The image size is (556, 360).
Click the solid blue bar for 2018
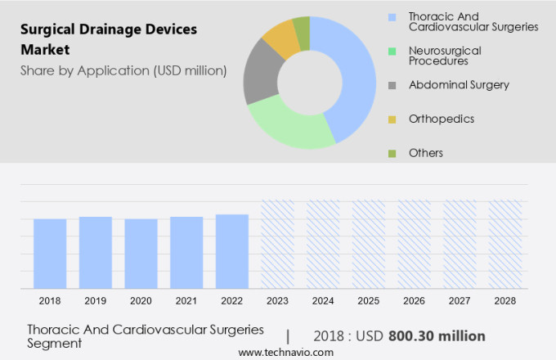[x=50, y=253]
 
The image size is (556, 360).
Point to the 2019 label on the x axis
[x=95, y=301]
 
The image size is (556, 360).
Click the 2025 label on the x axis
[x=368, y=301]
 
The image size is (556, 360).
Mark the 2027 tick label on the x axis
[x=459, y=301]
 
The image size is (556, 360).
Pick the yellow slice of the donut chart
[x=281, y=38]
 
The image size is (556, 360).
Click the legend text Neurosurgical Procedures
[x=444, y=56]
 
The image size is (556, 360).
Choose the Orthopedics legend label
[x=442, y=119]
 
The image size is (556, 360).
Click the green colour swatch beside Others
[x=392, y=153]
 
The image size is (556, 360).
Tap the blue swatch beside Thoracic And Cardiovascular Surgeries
[x=392, y=16]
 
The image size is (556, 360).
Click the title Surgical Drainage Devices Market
[x=109, y=38]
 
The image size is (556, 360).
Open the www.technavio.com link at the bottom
[x=286, y=352]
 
